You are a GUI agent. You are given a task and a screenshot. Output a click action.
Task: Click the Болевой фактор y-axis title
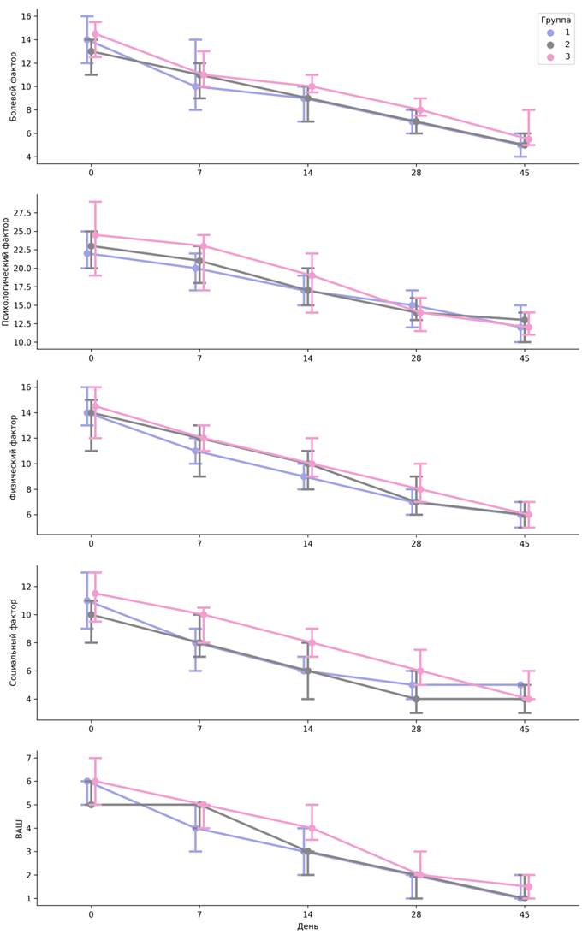point(13,86)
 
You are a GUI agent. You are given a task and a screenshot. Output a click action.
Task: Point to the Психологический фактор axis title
point(13,270)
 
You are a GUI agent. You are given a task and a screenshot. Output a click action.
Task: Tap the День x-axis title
point(307,926)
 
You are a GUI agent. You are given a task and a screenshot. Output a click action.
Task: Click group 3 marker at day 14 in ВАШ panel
point(312,828)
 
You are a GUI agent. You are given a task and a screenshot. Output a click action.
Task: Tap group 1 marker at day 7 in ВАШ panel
point(196,828)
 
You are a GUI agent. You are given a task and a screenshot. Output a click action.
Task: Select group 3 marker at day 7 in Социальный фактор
point(203,614)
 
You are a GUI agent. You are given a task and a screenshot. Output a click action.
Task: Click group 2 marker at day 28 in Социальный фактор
point(416,699)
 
